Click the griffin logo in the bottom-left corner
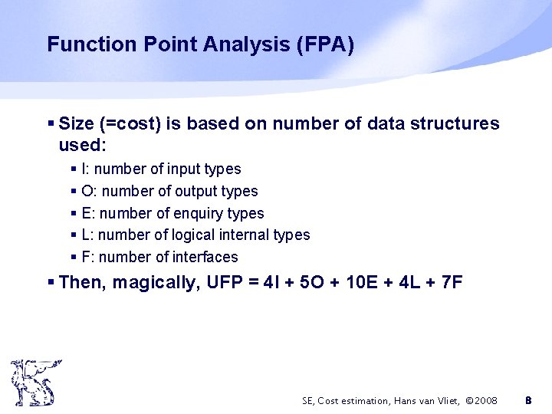(x=32, y=382)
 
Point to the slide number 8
(x=527, y=400)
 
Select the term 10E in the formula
(x=340, y=283)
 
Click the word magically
(x=157, y=283)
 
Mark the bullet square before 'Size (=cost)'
(x=51, y=123)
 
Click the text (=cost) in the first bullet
(x=127, y=123)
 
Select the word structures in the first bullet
(x=458, y=123)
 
